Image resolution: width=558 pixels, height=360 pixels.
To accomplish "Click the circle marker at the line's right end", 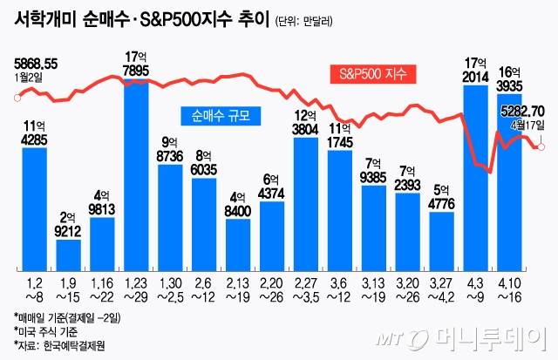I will tap(541, 146).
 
